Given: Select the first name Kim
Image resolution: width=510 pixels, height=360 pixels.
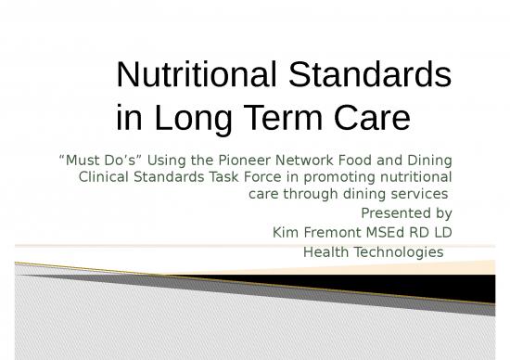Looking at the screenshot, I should pyautogui.click(x=281, y=230).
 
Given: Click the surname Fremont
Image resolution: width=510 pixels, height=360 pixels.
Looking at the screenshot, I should pyautogui.click(x=324, y=230).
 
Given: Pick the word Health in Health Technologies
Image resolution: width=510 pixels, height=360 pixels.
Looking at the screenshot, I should pyautogui.click(x=325, y=251).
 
